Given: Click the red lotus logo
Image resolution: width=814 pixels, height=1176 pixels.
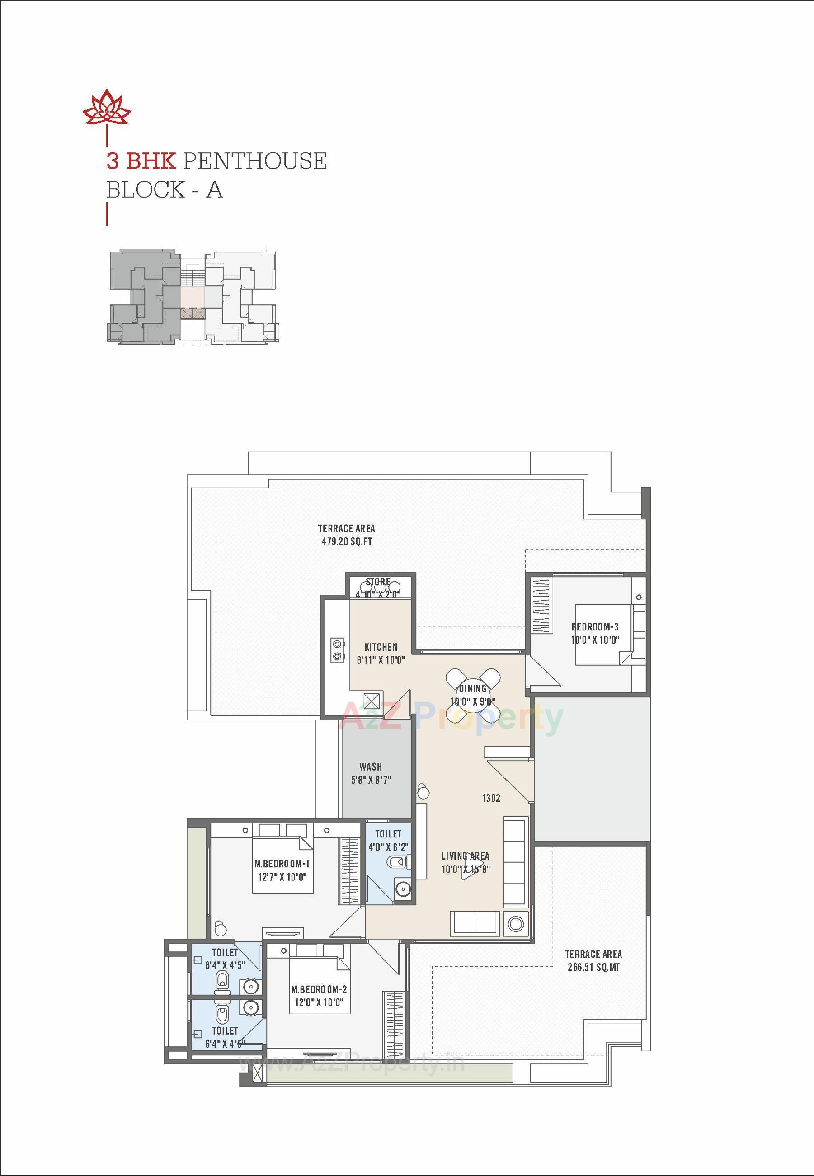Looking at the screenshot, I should click(107, 107).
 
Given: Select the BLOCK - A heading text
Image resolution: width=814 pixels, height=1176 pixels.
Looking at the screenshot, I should click(164, 190).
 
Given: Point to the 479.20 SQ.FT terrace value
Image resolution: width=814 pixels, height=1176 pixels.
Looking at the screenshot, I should click(346, 541).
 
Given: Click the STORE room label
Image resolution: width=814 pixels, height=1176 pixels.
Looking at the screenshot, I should click(378, 582).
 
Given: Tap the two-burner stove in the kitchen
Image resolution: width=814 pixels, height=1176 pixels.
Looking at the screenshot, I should click(337, 649).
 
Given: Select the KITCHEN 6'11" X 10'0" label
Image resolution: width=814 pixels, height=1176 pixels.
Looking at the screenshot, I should click(381, 653).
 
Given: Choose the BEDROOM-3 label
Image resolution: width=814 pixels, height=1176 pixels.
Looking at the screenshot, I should click(595, 633).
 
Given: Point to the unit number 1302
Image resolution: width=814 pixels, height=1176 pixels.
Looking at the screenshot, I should click(491, 798).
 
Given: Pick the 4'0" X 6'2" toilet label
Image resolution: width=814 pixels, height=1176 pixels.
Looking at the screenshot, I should click(389, 847).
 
